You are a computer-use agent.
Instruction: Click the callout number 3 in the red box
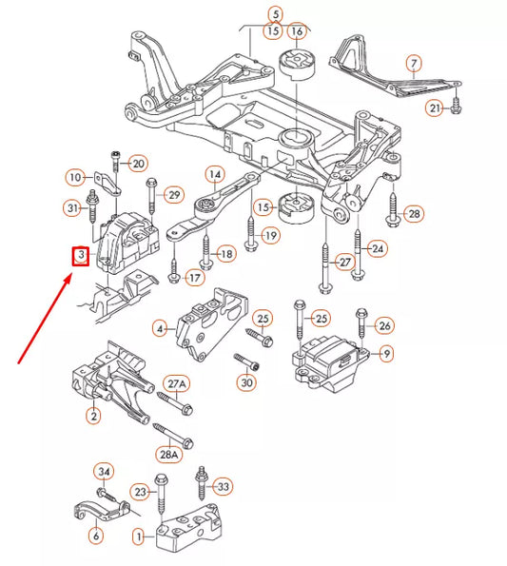click(x=81, y=256)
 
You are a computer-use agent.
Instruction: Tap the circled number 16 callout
click(x=297, y=30)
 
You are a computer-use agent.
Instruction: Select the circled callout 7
click(x=414, y=64)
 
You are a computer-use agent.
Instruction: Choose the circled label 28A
click(x=169, y=454)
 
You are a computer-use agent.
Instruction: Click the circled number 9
click(x=387, y=354)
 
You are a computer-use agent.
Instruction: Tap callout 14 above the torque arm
click(x=215, y=174)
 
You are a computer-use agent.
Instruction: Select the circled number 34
click(x=106, y=471)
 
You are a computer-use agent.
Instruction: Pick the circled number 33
click(x=224, y=486)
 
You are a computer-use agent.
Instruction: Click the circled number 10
click(x=74, y=176)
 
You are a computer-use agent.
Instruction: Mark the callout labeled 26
click(x=384, y=326)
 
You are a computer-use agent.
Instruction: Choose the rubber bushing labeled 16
click(x=296, y=69)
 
